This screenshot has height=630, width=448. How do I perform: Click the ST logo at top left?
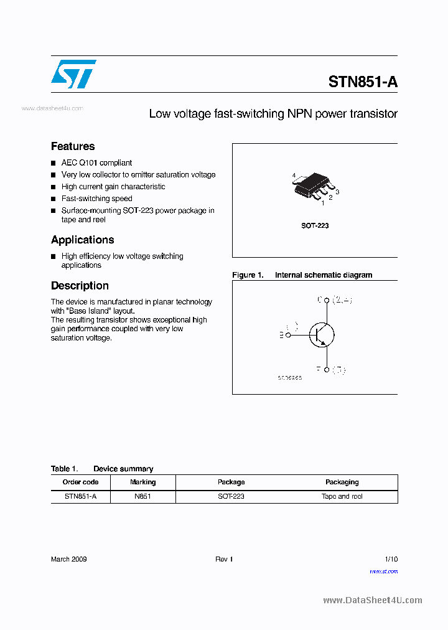[x=73, y=74]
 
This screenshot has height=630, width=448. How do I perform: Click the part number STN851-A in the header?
[x=363, y=82]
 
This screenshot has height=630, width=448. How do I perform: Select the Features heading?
[x=73, y=146]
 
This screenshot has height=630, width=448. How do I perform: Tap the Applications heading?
[x=82, y=240]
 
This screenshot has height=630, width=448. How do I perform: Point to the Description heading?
[x=80, y=286]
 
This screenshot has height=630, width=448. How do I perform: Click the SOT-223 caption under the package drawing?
[x=315, y=225]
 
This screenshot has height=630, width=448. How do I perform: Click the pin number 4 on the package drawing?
[x=294, y=176]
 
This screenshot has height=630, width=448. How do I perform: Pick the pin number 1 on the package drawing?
[x=322, y=203]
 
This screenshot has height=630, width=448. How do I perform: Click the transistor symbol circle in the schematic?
[x=322, y=334]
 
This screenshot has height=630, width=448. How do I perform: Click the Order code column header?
[x=80, y=482]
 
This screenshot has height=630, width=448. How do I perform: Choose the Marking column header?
[x=142, y=482]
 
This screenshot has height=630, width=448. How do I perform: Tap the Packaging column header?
[x=342, y=482]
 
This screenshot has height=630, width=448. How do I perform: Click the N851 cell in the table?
[x=142, y=496]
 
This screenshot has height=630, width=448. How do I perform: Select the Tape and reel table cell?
[x=342, y=496]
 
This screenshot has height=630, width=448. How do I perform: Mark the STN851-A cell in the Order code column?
[x=80, y=496]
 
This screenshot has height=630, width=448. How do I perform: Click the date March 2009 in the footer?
[x=68, y=559]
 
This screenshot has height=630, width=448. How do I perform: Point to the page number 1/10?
[x=391, y=559]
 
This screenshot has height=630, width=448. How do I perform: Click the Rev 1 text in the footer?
[x=224, y=559]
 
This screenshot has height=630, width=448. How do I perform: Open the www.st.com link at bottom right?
[x=383, y=571]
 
